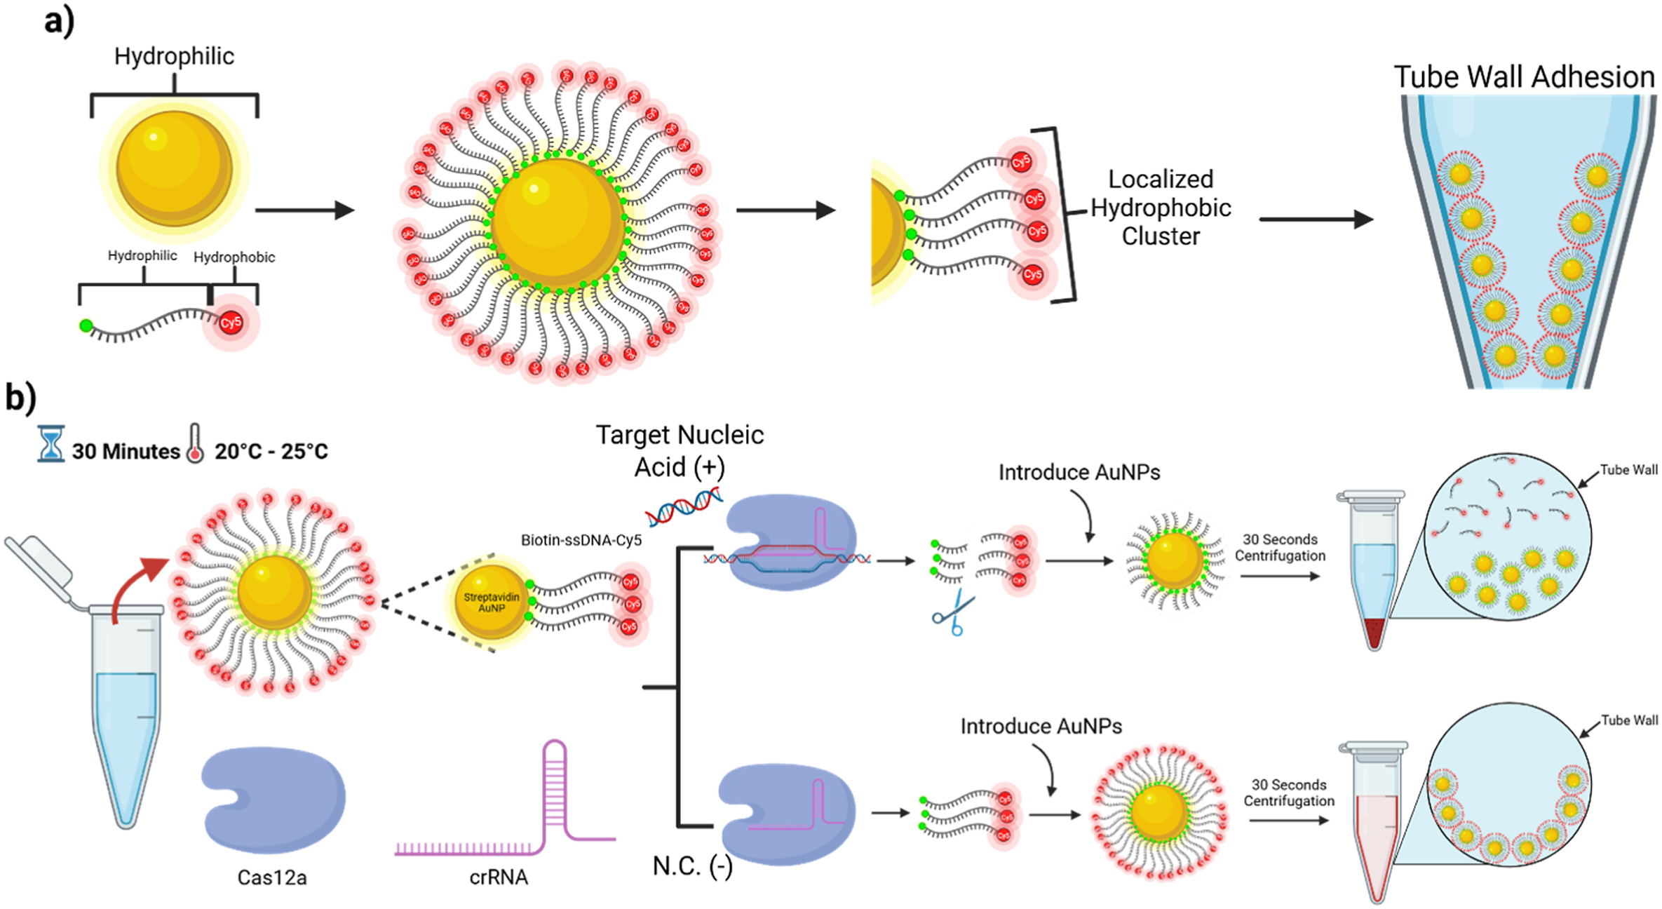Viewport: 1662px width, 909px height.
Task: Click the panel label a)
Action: (x=59, y=21)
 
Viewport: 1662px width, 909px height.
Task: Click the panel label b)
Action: (x=21, y=398)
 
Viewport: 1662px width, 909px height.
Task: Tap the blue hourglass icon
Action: (x=50, y=443)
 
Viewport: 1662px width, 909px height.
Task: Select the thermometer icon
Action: (x=195, y=444)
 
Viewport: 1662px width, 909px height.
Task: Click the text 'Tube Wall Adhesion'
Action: (x=1524, y=77)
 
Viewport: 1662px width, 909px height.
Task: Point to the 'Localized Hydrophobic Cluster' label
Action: (x=1161, y=208)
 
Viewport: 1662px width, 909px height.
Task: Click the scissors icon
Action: (x=954, y=613)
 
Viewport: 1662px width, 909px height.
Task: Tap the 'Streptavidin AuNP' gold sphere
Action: (x=491, y=602)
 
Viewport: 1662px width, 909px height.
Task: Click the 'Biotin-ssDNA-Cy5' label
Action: (x=581, y=540)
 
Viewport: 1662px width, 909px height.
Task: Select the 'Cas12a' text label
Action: (x=272, y=877)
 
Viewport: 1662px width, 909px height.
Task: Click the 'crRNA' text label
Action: (x=499, y=877)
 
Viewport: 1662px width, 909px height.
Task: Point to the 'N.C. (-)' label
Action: (x=692, y=867)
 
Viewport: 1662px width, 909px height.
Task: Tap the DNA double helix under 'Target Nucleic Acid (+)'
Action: (x=684, y=506)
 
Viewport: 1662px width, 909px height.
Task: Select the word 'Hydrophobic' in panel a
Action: (x=234, y=257)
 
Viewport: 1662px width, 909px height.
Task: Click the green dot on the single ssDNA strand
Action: (x=86, y=325)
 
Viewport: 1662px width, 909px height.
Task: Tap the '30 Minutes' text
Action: (x=126, y=451)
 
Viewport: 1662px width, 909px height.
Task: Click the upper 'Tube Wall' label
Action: (x=1628, y=470)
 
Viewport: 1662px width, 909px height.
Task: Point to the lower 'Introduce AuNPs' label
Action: (x=1041, y=726)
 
